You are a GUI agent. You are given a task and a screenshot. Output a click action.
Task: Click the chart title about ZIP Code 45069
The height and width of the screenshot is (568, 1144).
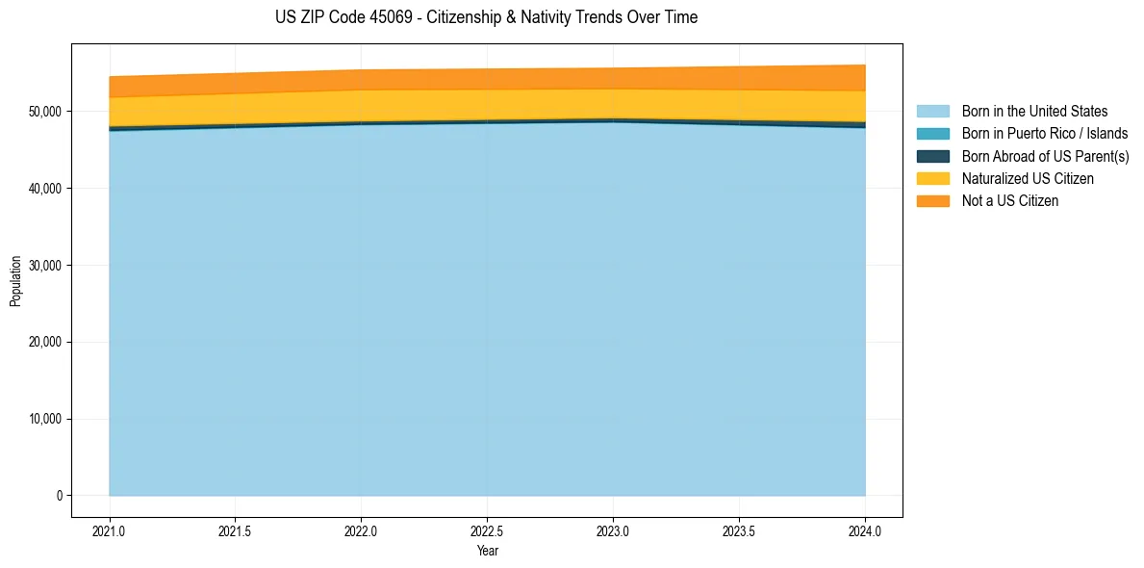coord(486,17)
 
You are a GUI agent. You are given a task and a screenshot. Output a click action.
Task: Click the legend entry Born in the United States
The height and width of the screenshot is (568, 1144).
coord(1034,112)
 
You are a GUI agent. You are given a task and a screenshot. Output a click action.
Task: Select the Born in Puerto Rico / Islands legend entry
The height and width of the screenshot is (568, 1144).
coord(1044,134)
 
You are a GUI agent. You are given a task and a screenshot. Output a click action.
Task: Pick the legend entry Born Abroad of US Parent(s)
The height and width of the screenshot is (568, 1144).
coord(1045,156)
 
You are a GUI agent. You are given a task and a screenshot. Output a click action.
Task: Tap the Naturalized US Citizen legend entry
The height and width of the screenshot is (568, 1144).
coord(1028,178)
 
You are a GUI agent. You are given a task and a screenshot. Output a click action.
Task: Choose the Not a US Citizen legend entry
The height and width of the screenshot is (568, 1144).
coord(1009,200)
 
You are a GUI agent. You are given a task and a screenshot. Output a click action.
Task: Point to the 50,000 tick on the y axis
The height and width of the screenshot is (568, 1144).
coord(44,112)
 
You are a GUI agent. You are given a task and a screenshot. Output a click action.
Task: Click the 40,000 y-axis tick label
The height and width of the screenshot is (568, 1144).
coord(44,189)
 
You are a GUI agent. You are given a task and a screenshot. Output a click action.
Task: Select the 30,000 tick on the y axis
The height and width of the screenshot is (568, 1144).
coord(44,266)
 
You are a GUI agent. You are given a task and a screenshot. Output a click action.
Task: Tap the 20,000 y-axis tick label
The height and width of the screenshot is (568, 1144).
coord(44,343)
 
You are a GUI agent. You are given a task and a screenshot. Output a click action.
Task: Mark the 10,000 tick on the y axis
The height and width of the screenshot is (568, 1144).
coord(44,420)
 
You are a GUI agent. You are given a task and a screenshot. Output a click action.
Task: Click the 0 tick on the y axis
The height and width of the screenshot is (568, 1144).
coord(58,496)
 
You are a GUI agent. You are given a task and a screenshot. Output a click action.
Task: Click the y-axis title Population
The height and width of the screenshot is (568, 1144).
coord(15,281)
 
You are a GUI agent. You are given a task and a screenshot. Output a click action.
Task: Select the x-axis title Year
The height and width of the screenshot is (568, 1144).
coord(488,552)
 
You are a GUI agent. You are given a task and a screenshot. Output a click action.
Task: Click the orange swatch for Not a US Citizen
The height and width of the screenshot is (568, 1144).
coord(932,200)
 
